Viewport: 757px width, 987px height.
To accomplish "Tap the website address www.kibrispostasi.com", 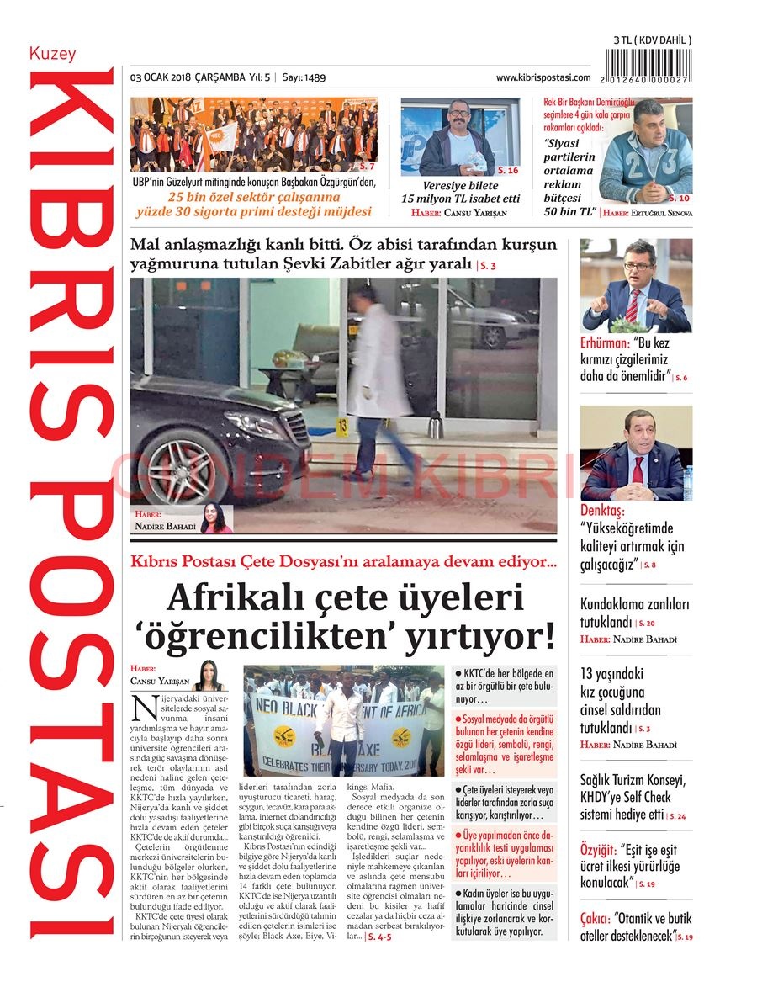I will click(x=543, y=77).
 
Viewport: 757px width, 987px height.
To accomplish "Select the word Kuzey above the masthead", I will click(x=52, y=54).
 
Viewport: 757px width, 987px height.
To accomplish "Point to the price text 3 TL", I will click(x=626, y=40).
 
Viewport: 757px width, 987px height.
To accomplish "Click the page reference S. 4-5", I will click(x=379, y=936).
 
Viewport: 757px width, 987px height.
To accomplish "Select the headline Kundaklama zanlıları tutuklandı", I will click(x=633, y=613).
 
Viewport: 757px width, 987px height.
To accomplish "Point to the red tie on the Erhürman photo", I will click(x=632, y=304).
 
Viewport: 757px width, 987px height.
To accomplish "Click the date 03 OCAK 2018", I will click(x=161, y=77).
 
